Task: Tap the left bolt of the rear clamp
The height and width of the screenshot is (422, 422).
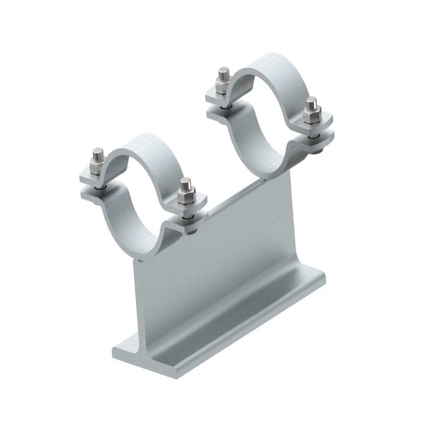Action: [x=224, y=82]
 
